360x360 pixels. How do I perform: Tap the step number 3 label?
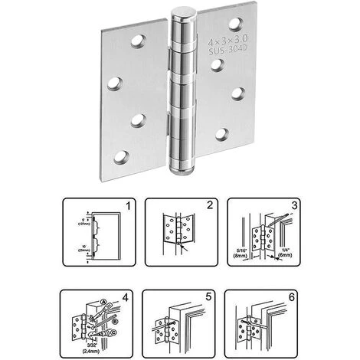[x=293, y=205]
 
